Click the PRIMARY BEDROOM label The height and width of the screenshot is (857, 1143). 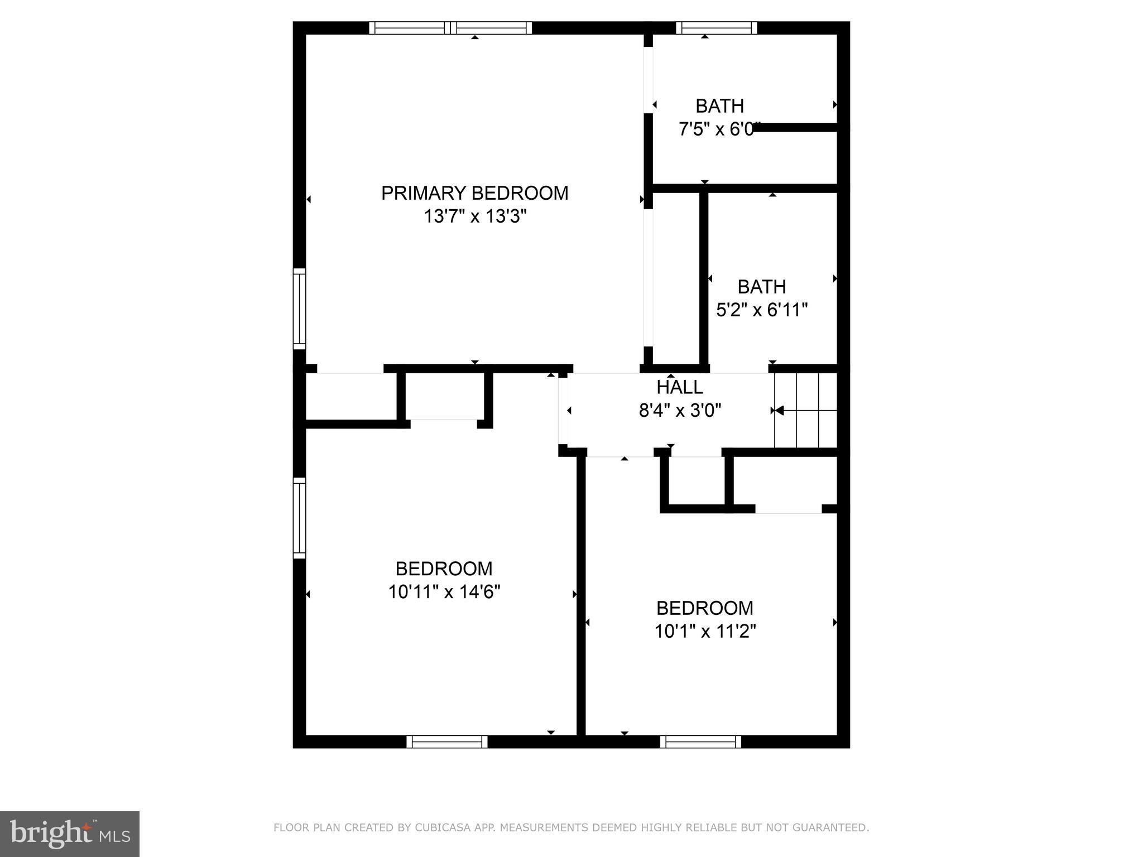(x=474, y=193)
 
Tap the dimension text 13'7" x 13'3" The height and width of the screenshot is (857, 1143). (x=475, y=216)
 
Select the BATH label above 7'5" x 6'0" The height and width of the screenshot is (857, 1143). (x=719, y=105)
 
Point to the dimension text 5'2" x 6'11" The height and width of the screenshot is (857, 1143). (x=762, y=310)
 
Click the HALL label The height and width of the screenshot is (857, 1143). (x=679, y=387)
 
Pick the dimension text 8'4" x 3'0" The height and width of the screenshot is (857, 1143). (x=680, y=411)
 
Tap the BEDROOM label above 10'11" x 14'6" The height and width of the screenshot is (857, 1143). (x=444, y=569)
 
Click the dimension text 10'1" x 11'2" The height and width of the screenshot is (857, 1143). (x=705, y=632)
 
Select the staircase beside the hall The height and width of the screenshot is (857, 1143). (x=806, y=410)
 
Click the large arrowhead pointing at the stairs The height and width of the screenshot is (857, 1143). (x=779, y=411)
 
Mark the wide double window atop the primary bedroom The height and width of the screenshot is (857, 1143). (x=450, y=28)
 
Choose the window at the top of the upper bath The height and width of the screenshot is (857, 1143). (x=716, y=28)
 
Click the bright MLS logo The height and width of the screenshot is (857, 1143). (x=70, y=834)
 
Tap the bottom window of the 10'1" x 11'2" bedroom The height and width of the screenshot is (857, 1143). (x=700, y=742)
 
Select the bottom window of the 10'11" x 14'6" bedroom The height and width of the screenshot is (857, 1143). (x=446, y=742)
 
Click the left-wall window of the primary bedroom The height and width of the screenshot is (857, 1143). (x=300, y=309)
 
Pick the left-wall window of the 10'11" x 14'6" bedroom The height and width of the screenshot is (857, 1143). (x=300, y=518)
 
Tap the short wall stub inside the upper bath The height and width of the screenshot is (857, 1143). (x=795, y=128)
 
